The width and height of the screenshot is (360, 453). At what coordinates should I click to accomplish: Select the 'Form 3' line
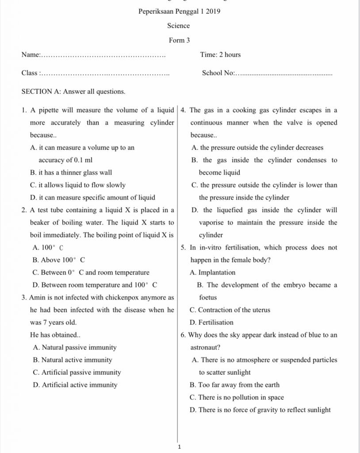click(179, 40)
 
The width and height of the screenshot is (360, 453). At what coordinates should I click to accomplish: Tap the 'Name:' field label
click(31, 55)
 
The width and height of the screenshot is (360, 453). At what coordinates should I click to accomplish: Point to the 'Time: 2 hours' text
click(220, 55)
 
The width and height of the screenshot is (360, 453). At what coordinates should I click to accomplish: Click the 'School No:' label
click(218, 73)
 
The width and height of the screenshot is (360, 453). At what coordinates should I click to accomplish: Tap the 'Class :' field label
click(31, 73)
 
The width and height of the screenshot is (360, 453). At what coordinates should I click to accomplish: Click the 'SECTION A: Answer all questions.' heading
click(73, 92)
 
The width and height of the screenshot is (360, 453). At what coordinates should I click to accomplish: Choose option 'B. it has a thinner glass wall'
click(71, 173)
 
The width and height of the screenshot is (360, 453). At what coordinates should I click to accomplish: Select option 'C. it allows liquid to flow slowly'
click(77, 185)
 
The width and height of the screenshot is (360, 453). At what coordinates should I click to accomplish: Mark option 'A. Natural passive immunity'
click(75, 348)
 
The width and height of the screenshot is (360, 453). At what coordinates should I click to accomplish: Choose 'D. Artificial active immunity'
click(75, 385)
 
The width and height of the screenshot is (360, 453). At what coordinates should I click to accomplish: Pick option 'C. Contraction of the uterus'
click(230, 310)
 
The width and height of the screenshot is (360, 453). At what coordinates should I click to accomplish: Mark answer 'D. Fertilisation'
click(211, 322)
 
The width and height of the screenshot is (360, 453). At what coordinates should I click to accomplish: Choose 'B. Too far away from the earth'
click(234, 385)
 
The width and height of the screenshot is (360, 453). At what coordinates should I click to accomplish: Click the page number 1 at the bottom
click(179, 447)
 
